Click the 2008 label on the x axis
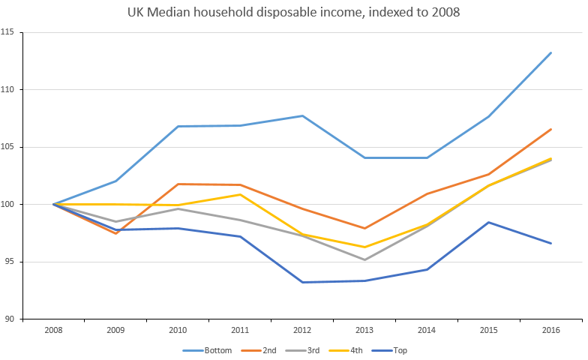[x=53, y=330]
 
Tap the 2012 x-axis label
[x=302, y=330]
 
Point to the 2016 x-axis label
[x=551, y=330]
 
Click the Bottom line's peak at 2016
[x=551, y=52]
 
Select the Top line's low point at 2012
[x=302, y=282]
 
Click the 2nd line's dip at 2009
[x=115, y=233]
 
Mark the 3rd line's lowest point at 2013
[x=364, y=259]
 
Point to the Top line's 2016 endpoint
[x=551, y=243]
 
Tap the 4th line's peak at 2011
[x=240, y=194]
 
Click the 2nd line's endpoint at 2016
[x=551, y=129]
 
